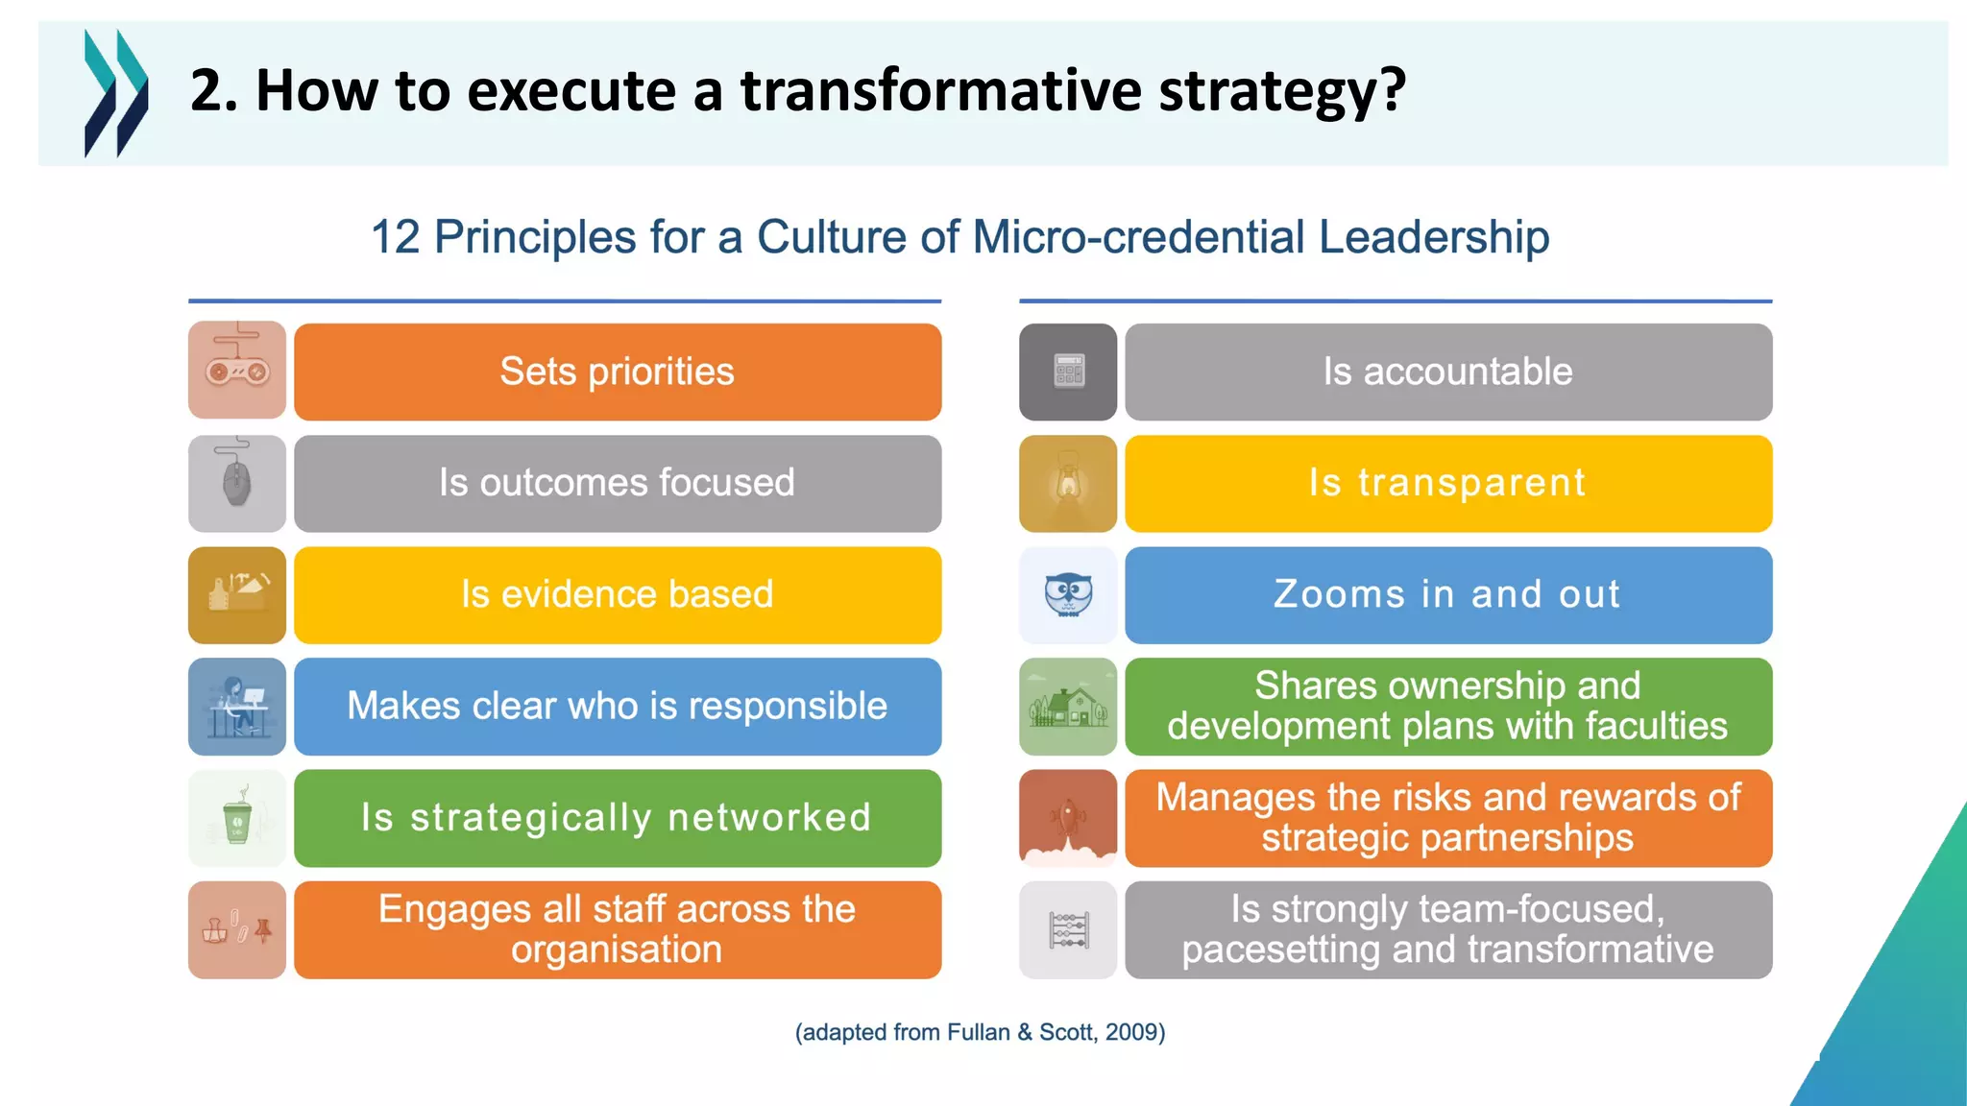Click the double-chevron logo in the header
116,92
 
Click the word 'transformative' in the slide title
941,90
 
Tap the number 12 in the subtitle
395,236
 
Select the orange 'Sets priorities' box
617,372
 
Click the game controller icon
237,370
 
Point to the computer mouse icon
237,483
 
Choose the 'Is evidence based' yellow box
617,594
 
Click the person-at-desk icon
237,707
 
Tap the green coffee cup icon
237,818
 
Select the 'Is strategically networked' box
617,818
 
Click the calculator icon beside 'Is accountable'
1068,372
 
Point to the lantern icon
1068,483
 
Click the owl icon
1068,594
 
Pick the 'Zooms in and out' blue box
1447,594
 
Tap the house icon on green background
1068,707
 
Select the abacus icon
1068,929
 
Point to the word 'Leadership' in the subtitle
1433,236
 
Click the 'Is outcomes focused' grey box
617,483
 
